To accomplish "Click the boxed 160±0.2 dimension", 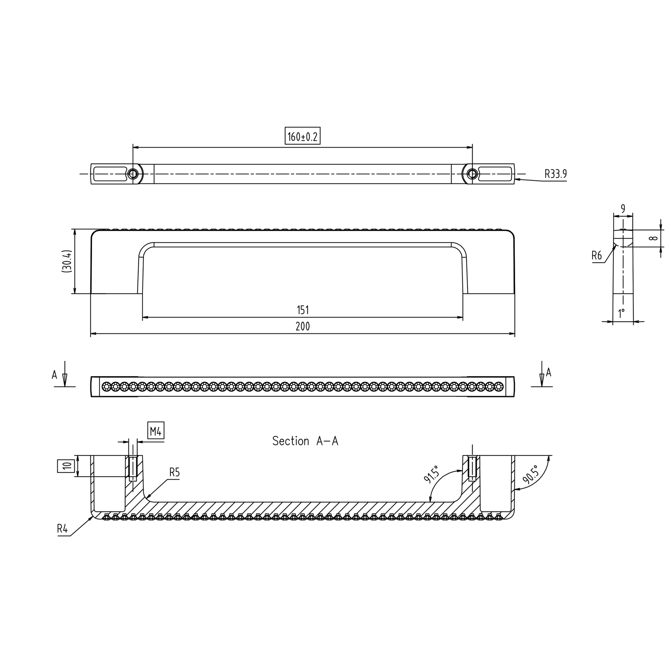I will (x=302, y=137).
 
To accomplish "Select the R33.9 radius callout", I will (x=555, y=174).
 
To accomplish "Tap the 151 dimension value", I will (x=303, y=310).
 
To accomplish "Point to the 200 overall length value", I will (x=303, y=327).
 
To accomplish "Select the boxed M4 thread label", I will (x=155, y=432).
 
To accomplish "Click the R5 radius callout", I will (x=174, y=472).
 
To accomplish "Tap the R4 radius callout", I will (x=62, y=529).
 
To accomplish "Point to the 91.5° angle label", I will (x=432, y=474).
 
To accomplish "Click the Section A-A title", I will (x=305, y=441).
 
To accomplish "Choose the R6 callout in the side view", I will (x=596, y=256).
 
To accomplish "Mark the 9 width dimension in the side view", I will (x=623, y=209).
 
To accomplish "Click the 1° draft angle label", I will (x=621, y=314).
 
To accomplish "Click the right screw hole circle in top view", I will (x=472, y=174).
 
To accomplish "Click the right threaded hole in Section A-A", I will (x=472, y=469).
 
